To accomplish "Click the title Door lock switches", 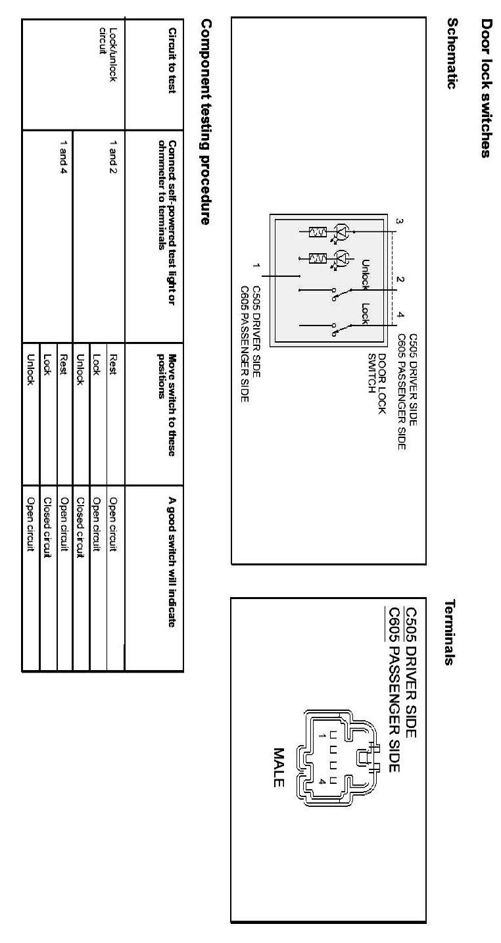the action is point(487,88).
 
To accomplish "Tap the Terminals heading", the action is point(452,632).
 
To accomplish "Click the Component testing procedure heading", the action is point(205,122).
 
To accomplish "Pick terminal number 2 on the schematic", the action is point(399,279).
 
